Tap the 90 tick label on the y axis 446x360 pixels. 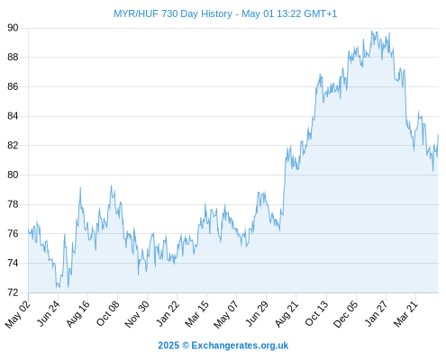[13, 28]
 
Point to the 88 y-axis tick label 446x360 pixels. [13, 57]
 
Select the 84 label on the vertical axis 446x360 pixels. [13, 116]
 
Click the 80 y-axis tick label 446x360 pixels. [13, 175]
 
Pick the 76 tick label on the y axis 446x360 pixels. [13, 233]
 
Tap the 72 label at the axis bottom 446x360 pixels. [13, 292]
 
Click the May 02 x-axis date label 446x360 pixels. [18, 314]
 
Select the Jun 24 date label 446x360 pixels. [48, 313]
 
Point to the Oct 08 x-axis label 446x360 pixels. [107, 313]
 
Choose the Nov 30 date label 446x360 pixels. [137, 314]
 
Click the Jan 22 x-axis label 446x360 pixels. [168, 313]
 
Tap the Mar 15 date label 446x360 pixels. [196, 314]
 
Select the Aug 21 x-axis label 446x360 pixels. [287, 314]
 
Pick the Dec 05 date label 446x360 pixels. [346, 314]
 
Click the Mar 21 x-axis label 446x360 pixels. [405, 314]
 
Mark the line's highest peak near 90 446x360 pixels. [372, 31]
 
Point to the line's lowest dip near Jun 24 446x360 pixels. [57, 287]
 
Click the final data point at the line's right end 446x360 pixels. [438, 135]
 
